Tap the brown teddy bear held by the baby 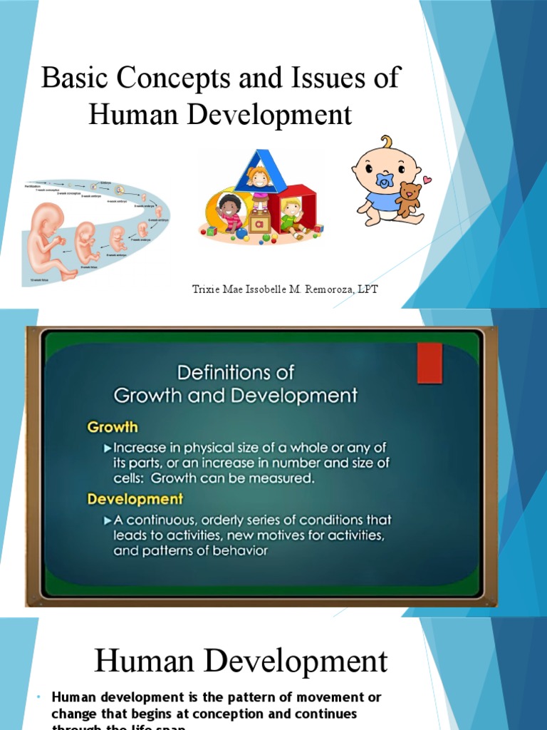point(408,200)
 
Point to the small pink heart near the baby point(427,180)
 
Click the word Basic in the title point(75,78)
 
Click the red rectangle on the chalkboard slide point(429,363)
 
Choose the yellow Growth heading point(113,428)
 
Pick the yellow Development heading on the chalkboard point(135,499)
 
